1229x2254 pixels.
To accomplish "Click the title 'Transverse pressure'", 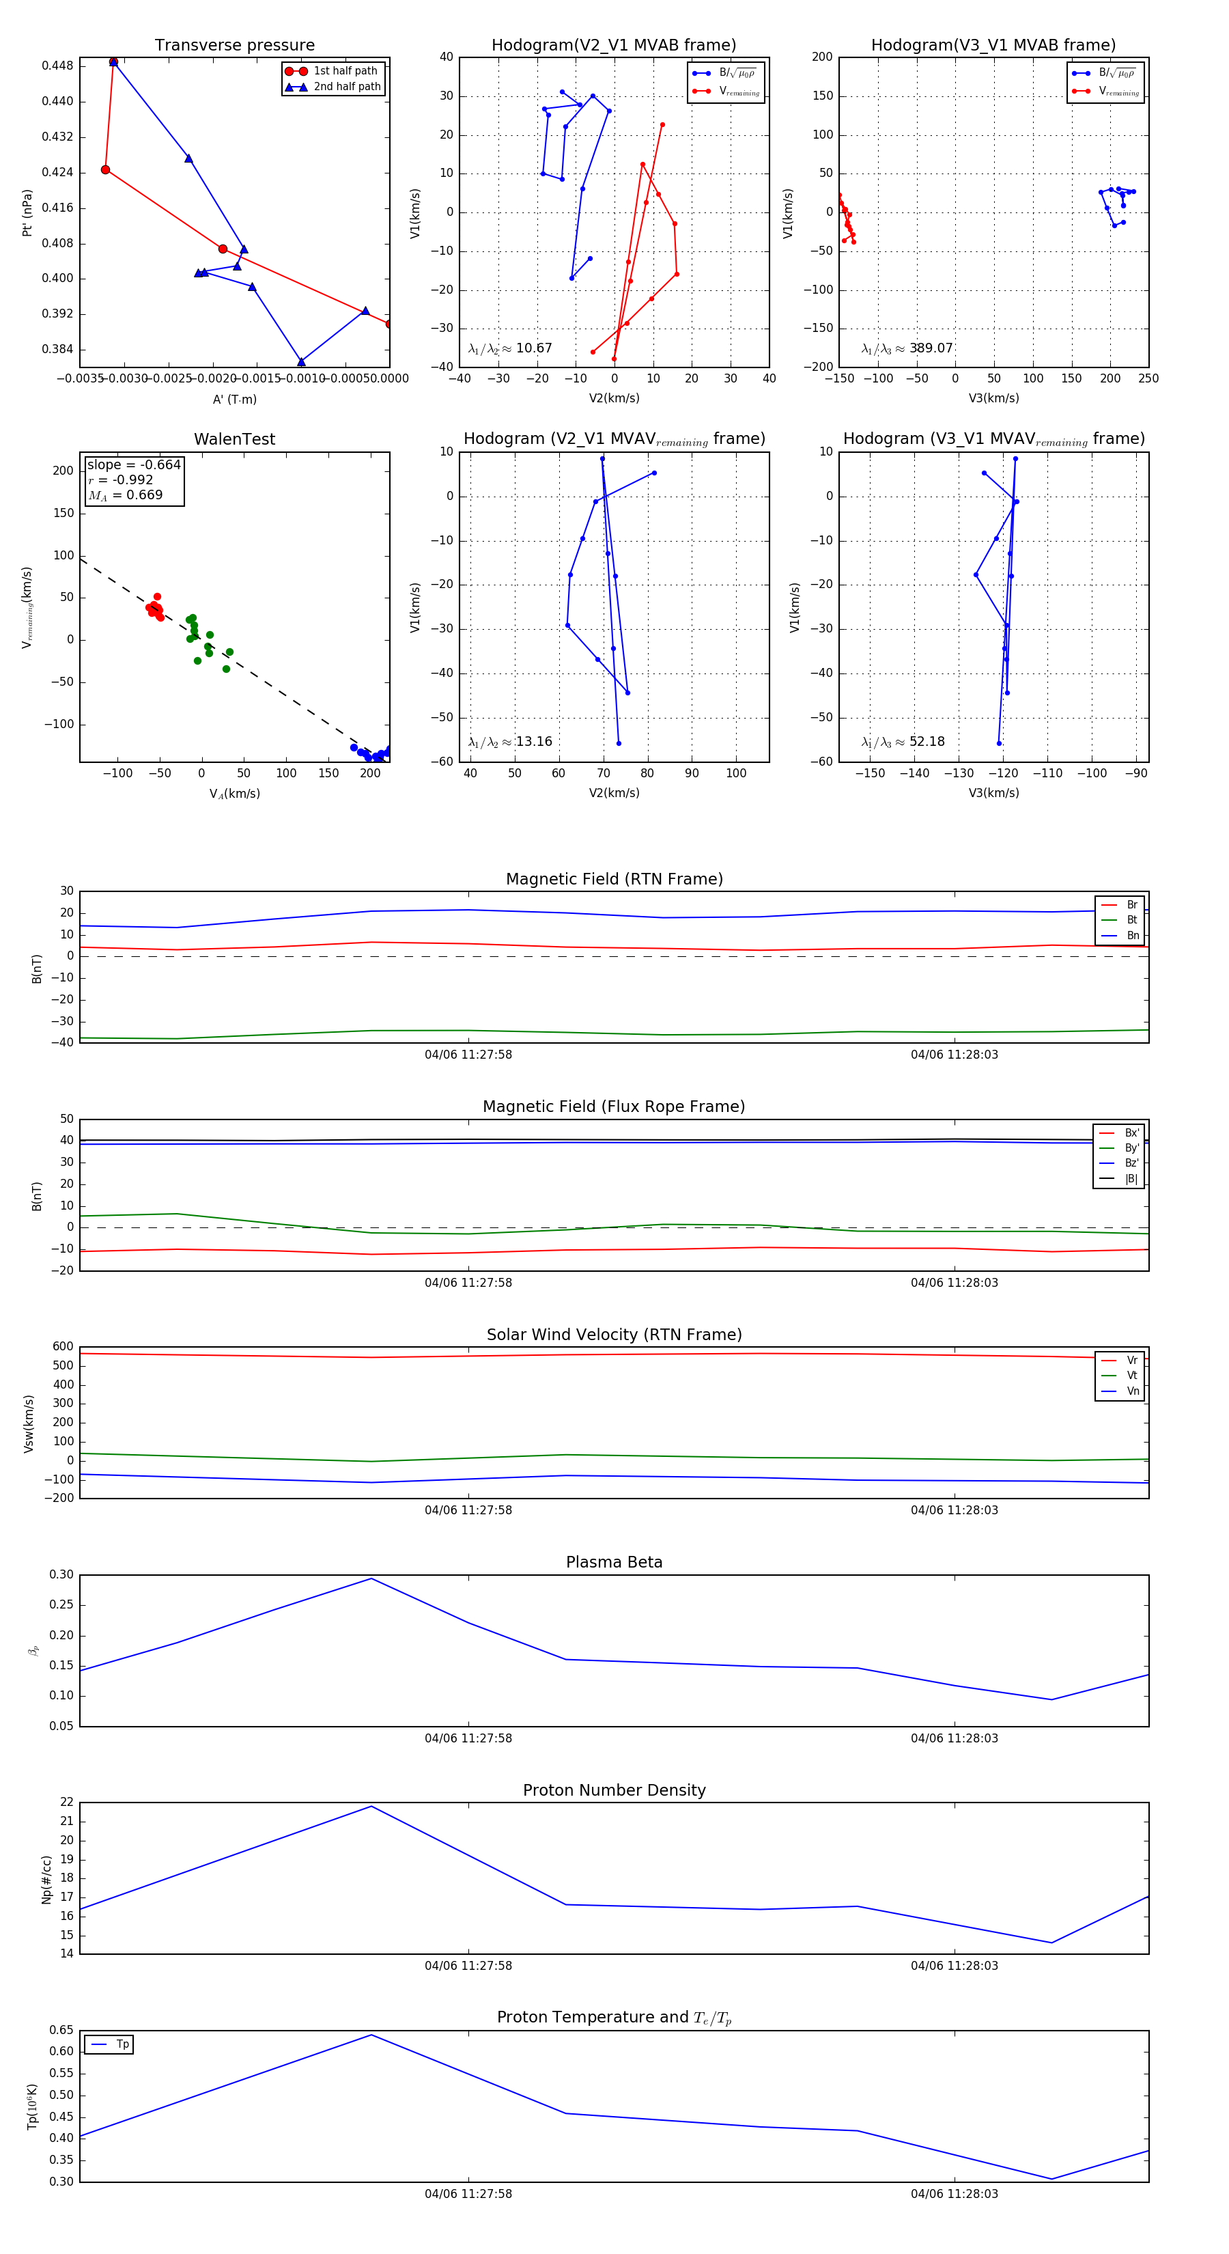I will tap(234, 46).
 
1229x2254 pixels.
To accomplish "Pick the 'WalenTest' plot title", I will tap(234, 439).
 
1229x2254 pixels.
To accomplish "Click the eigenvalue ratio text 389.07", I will tap(931, 348).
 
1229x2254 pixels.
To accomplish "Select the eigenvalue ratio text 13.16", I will tap(533, 742).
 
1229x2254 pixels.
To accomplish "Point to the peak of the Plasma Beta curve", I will tap(371, 1578).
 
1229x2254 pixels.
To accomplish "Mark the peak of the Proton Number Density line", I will tap(371, 1806).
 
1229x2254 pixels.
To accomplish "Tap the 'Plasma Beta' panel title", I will tap(614, 1562).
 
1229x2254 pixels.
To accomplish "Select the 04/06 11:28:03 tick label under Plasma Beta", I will tap(953, 1738).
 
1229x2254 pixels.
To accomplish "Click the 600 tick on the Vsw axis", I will tap(63, 1347).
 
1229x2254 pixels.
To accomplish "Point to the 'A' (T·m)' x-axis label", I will tap(234, 399).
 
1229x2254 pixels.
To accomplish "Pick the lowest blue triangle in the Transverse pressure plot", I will tap(301, 361).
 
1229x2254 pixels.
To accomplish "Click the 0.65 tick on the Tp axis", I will tap(61, 2030).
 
